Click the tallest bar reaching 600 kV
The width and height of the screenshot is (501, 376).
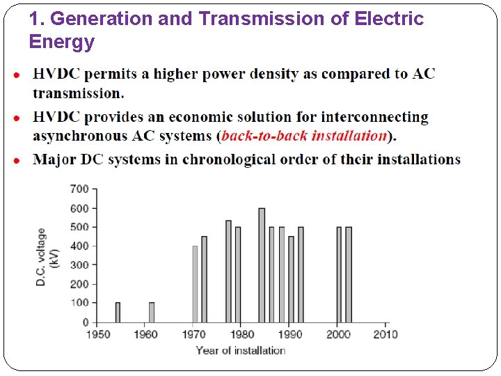pos(262,265)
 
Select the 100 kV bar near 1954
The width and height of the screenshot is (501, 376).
pos(118,312)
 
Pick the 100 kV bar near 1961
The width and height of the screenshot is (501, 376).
pos(152,312)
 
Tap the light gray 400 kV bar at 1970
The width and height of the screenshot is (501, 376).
pos(195,283)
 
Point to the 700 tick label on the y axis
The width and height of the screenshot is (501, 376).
pos(79,189)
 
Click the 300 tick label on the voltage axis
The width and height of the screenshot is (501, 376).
pos(79,265)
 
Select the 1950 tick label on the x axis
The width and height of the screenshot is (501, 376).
pos(98,334)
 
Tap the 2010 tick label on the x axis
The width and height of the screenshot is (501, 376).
pos(385,334)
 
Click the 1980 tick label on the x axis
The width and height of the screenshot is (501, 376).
pos(241,334)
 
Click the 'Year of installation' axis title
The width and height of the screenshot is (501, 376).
pos(240,350)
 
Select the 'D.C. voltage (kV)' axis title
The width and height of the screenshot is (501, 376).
pos(47,256)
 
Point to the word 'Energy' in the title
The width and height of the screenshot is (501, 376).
pos(61,42)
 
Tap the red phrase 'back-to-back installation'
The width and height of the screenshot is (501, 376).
pos(304,136)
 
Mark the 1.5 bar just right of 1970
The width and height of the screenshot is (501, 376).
pos(204,279)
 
